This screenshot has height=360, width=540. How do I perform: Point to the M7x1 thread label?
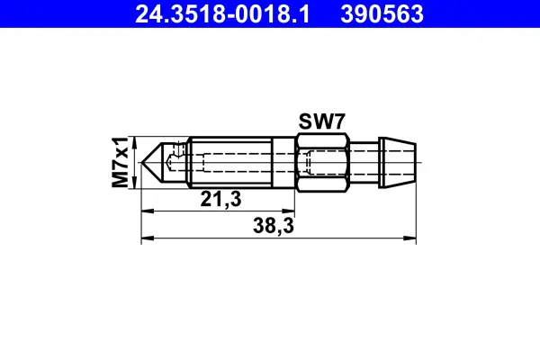coord(120,162)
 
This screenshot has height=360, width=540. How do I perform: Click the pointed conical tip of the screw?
coord(154,163)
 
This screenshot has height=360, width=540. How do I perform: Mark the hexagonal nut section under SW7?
coord(321,163)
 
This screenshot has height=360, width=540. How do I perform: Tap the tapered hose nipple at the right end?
coord(401,163)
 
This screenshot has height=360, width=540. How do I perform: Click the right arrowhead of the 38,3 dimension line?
coord(415,238)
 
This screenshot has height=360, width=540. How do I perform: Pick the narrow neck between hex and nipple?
coord(364,163)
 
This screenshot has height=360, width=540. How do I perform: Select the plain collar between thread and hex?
coord(283,163)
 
